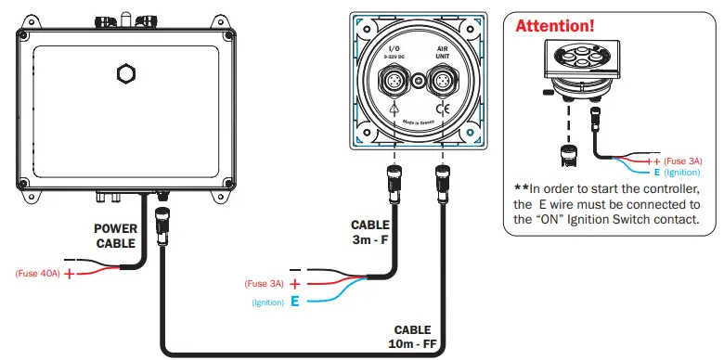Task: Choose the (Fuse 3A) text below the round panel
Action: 265,283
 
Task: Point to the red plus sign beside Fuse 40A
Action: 68,275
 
